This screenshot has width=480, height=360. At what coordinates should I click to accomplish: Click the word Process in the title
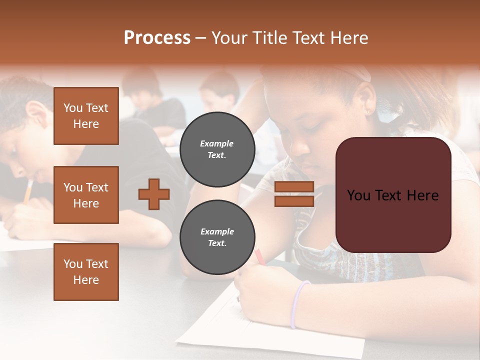tap(157, 38)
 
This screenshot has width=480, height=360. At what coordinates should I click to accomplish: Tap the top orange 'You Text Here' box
tap(86, 116)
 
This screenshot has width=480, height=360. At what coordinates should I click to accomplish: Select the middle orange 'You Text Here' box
tap(86, 195)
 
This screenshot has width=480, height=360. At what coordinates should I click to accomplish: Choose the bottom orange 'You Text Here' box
tap(86, 272)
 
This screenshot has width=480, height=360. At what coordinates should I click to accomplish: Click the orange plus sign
tap(154, 194)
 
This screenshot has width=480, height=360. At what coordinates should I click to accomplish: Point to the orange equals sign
tap(294, 194)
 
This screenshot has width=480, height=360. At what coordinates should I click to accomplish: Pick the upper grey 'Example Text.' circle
tap(217, 149)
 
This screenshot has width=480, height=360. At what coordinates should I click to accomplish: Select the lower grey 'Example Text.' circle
tap(217, 237)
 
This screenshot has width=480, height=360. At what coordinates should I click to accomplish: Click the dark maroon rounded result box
tap(393, 195)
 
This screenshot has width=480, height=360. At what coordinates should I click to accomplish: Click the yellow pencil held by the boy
tap(28, 191)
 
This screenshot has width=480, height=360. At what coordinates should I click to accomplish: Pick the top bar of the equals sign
tap(294, 187)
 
